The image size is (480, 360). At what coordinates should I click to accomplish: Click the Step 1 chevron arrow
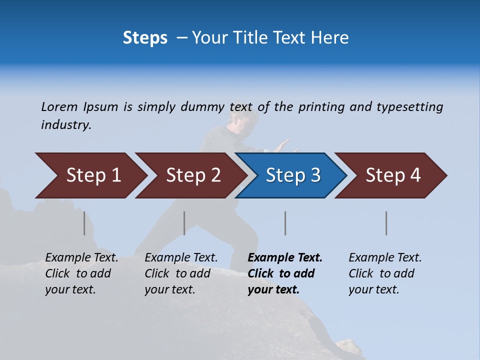pos(92,175)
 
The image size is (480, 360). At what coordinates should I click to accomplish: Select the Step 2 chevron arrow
pos(192,175)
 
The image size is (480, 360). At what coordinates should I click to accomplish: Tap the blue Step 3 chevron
pos(292,175)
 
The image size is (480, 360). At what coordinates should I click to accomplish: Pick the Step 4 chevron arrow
pos(392,175)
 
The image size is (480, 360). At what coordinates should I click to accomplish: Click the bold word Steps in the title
pos(145,37)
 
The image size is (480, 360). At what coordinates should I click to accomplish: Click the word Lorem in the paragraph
pos(59,107)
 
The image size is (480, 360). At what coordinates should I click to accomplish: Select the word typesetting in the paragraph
pos(409,107)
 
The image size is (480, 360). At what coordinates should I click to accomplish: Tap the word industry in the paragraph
pos(66,125)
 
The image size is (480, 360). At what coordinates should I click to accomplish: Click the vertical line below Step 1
pos(84,223)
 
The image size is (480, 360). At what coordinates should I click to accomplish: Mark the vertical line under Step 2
pos(184,223)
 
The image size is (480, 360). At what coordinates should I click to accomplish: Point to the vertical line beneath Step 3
pos(285,223)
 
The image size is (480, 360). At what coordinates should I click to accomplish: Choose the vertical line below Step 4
pos(386,223)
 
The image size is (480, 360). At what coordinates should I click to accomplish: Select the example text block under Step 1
pos(81,273)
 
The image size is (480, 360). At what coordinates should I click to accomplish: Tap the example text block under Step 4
pos(385,273)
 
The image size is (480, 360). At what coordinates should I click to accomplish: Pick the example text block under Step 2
pos(181,273)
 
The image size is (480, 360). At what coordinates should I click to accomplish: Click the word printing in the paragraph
pos(321,107)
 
